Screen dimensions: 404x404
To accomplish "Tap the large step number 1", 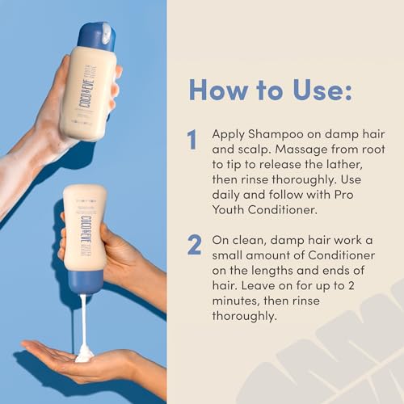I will tap(192, 141).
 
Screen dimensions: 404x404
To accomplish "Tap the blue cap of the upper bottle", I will tap(97, 36).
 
